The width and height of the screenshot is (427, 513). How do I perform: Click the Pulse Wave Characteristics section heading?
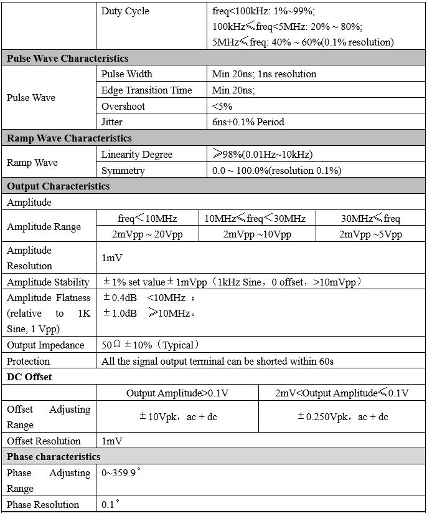pos(67,58)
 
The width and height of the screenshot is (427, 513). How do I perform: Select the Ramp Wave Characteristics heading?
pos(69,138)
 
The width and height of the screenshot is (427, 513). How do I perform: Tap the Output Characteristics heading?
pos(58,186)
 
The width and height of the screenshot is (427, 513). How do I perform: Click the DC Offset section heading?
pos(29,376)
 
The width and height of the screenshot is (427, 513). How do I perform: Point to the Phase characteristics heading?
pos(54,457)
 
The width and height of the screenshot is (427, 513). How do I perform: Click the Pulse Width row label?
pos(126,74)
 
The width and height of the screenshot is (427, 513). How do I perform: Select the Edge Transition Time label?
pos(146,90)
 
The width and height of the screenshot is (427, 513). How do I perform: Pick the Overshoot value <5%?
pos(222,106)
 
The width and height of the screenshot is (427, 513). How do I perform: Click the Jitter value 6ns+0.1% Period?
pos(248,122)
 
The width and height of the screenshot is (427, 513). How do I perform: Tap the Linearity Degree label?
pos(137,154)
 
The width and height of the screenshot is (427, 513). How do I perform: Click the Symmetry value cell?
pos(276,170)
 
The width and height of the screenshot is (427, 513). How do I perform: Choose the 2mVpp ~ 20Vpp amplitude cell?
pos(148,234)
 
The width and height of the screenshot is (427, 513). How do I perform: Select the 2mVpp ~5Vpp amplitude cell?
pos(370,234)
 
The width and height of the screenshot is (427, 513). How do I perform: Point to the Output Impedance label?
pos(45,345)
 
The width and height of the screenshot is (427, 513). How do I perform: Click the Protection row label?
pos(28,361)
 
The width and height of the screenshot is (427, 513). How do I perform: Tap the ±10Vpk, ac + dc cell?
pos(177,417)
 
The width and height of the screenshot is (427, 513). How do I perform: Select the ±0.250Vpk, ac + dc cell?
pos(342,417)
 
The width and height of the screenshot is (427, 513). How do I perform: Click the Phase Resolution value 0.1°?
pos(110,504)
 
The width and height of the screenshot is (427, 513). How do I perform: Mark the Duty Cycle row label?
pos(125,11)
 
